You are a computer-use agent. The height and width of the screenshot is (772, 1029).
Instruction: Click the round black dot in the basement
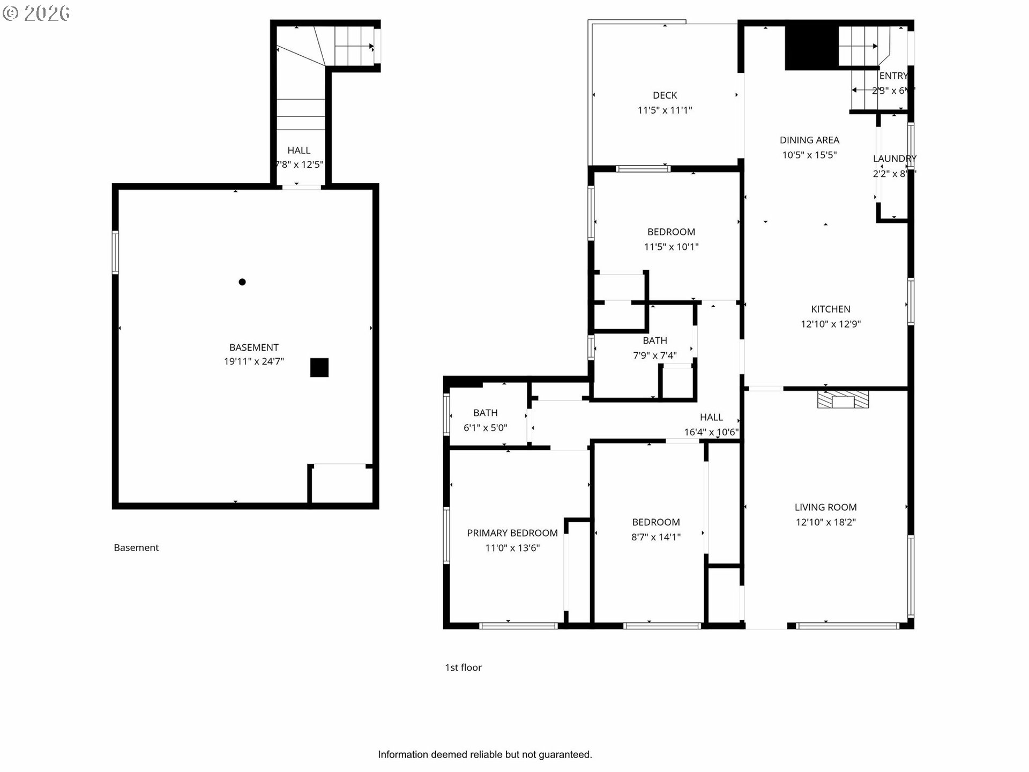[x=242, y=282]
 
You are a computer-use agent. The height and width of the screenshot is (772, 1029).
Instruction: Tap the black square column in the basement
[x=319, y=368]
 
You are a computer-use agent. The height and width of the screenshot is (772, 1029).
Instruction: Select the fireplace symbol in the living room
[x=843, y=400]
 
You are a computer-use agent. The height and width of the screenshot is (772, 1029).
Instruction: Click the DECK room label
[x=665, y=95]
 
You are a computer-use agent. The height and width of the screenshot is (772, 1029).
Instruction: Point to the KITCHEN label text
[x=830, y=309]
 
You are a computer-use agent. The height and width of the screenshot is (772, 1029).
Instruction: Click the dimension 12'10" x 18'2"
[x=825, y=522]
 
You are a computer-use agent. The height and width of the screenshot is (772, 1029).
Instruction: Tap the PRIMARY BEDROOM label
[x=512, y=533]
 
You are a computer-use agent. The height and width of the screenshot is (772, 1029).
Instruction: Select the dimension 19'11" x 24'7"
[x=253, y=362]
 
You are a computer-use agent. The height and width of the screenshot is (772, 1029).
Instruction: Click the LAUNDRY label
[x=894, y=159]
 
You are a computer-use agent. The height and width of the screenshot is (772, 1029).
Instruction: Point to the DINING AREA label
[x=809, y=140]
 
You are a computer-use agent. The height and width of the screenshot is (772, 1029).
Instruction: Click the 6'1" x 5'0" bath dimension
[x=485, y=428]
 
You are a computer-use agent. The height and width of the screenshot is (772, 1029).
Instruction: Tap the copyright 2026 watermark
[x=36, y=13]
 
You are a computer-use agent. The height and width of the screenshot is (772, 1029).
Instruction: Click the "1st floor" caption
[x=463, y=667]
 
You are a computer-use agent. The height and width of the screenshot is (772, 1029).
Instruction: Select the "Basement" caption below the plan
[x=136, y=548]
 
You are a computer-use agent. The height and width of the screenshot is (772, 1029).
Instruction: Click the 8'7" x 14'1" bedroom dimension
[x=655, y=537]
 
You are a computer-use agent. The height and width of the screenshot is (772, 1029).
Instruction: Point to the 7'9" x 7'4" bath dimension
[x=654, y=355]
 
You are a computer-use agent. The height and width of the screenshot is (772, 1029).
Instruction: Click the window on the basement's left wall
[x=115, y=253]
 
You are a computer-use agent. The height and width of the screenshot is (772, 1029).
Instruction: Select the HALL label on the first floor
[x=711, y=417]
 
